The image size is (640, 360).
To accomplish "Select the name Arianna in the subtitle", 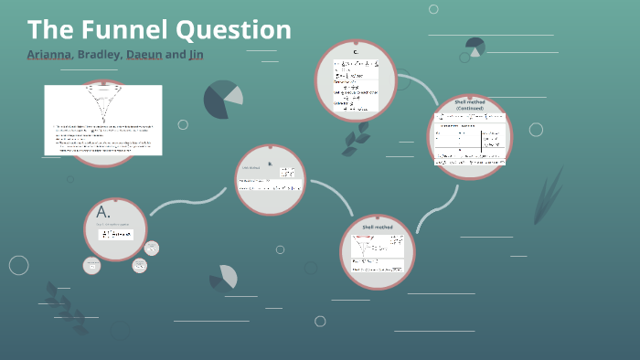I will click(x=50, y=55).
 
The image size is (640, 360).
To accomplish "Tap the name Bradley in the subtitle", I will click(x=101, y=55).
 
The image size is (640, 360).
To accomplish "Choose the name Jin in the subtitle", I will click(x=196, y=55).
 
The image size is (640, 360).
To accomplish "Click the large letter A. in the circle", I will click(x=103, y=212).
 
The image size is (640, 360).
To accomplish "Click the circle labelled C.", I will click(x=357, y=78).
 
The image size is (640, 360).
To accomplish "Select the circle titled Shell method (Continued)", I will click(x=469, y=136).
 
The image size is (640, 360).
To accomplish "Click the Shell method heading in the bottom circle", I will click(x=377, y=226).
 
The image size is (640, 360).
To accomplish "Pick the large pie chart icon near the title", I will click(x=222, y=99).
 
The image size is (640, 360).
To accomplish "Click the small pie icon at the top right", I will click(x=475, y=46).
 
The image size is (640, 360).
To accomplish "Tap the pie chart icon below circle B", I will click(x=225, y=277).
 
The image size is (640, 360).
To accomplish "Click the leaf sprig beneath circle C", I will click(x=356, y=138).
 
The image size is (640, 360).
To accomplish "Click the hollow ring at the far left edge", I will click(x=19, y=265).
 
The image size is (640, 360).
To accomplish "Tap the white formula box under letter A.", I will click(x=115, y=234).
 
